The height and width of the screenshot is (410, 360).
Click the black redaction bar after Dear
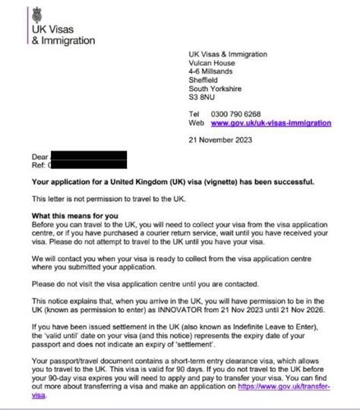click(x=87, y=156)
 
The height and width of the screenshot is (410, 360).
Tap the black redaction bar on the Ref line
click(x=87, y=164)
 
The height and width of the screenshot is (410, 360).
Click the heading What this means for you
click(x=71, y=216)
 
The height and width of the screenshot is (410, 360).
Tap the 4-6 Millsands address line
click(x=213, y=72)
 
